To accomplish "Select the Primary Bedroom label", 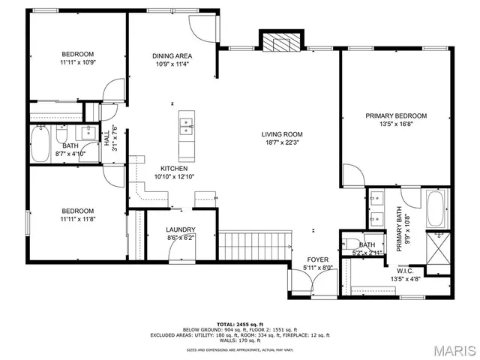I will tap(396, 115).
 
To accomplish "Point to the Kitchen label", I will tap(173, 169).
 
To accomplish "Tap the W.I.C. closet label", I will tap(405, 271).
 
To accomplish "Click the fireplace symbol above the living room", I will tap(281, 41).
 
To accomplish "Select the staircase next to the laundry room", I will tap(253, 244).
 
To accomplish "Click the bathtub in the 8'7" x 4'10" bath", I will tap(41, 143).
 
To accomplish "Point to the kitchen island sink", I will tap(185, 124).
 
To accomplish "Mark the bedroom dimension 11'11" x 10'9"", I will tap(78, 63).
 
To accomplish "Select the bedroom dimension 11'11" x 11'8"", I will tap(78, 219).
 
